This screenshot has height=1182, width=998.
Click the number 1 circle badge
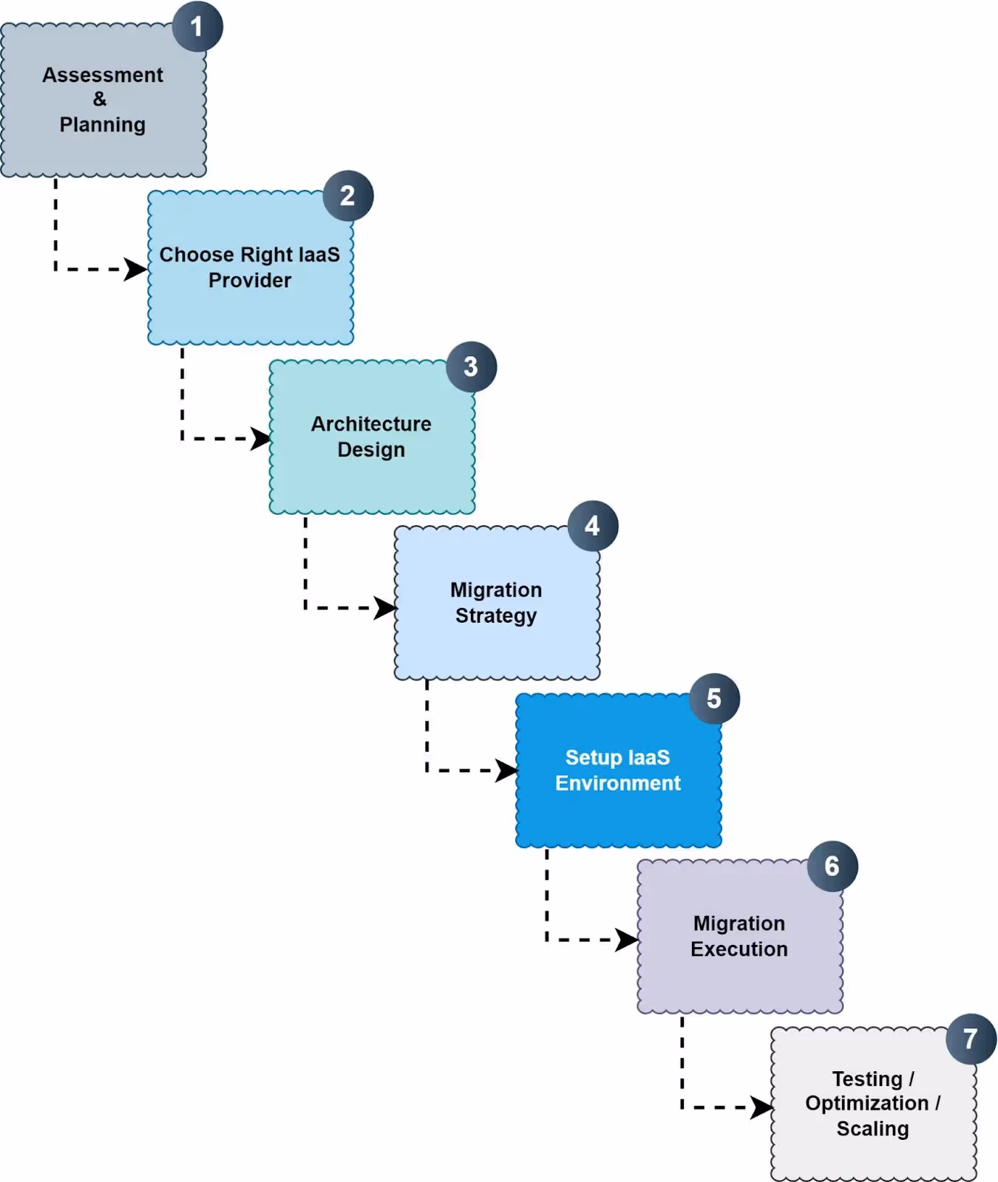[197, 27]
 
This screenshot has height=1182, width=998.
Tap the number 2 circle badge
[347, 196]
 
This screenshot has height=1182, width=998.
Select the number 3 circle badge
[471, 366]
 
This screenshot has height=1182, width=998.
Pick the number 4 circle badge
[592, 526]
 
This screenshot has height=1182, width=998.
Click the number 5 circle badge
[714, 698]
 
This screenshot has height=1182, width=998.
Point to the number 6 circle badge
[832, 866]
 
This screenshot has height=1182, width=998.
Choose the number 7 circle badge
[971, 1039]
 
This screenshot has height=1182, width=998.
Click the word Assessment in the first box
[103, 75]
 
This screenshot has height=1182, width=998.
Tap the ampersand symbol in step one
[100, 100]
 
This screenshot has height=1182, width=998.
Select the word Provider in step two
[250, 281]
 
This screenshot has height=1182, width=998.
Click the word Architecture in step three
[371, 424]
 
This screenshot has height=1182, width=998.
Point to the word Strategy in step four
[496, 615]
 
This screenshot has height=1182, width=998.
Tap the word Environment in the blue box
[618, 783]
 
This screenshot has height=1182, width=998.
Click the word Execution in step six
[739, 949]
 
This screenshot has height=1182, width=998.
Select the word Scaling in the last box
[872, 1129]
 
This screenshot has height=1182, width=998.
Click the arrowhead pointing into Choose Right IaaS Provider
[135, 270]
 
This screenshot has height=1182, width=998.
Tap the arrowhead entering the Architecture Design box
[261, 439]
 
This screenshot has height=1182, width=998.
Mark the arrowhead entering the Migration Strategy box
[385, 608]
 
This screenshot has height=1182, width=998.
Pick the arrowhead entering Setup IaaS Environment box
[506, 771]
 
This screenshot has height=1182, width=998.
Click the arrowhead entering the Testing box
[761, 1107]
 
